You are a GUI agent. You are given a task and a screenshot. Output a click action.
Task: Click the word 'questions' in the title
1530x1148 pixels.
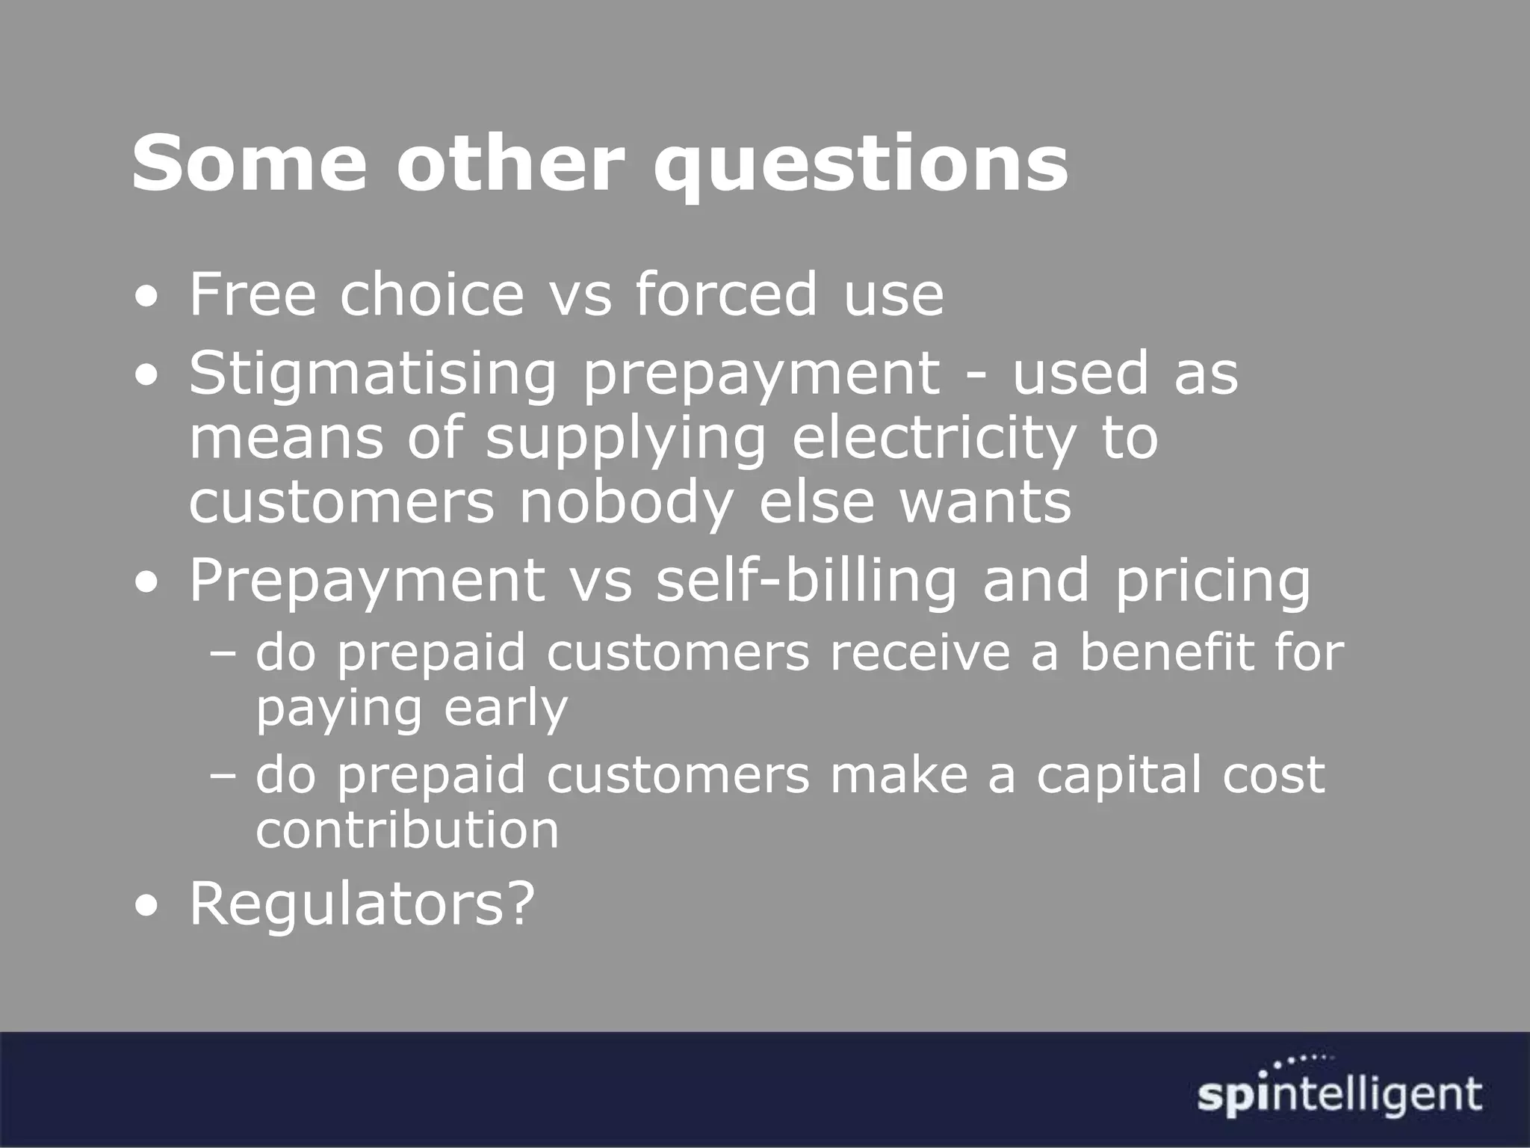(859, 164)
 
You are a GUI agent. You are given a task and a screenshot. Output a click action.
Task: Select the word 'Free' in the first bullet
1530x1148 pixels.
(253, 294)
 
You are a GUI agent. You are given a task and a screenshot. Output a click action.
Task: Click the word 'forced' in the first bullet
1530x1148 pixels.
(726, 294)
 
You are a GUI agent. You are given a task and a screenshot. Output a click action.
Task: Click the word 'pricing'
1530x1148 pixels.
(1212, 583)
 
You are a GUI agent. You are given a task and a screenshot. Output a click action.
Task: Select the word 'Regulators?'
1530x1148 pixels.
(362, 904)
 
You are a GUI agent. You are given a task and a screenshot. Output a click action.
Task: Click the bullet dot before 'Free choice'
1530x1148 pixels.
(146, 299)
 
